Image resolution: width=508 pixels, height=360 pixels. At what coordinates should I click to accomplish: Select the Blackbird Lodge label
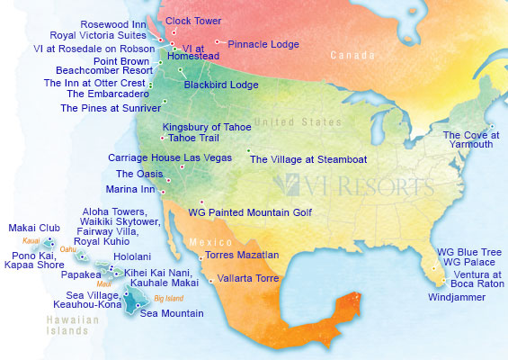click(220, 85)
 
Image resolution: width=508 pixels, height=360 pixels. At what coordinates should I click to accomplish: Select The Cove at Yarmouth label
click(469, 141)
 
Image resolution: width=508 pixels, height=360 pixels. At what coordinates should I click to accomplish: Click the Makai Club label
click(34, 228)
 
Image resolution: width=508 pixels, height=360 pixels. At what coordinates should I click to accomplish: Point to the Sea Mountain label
click(171, 313)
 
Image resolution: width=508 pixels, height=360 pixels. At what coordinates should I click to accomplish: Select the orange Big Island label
click(169, 297)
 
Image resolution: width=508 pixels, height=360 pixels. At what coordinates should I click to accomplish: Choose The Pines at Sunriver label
click(103, 108)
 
